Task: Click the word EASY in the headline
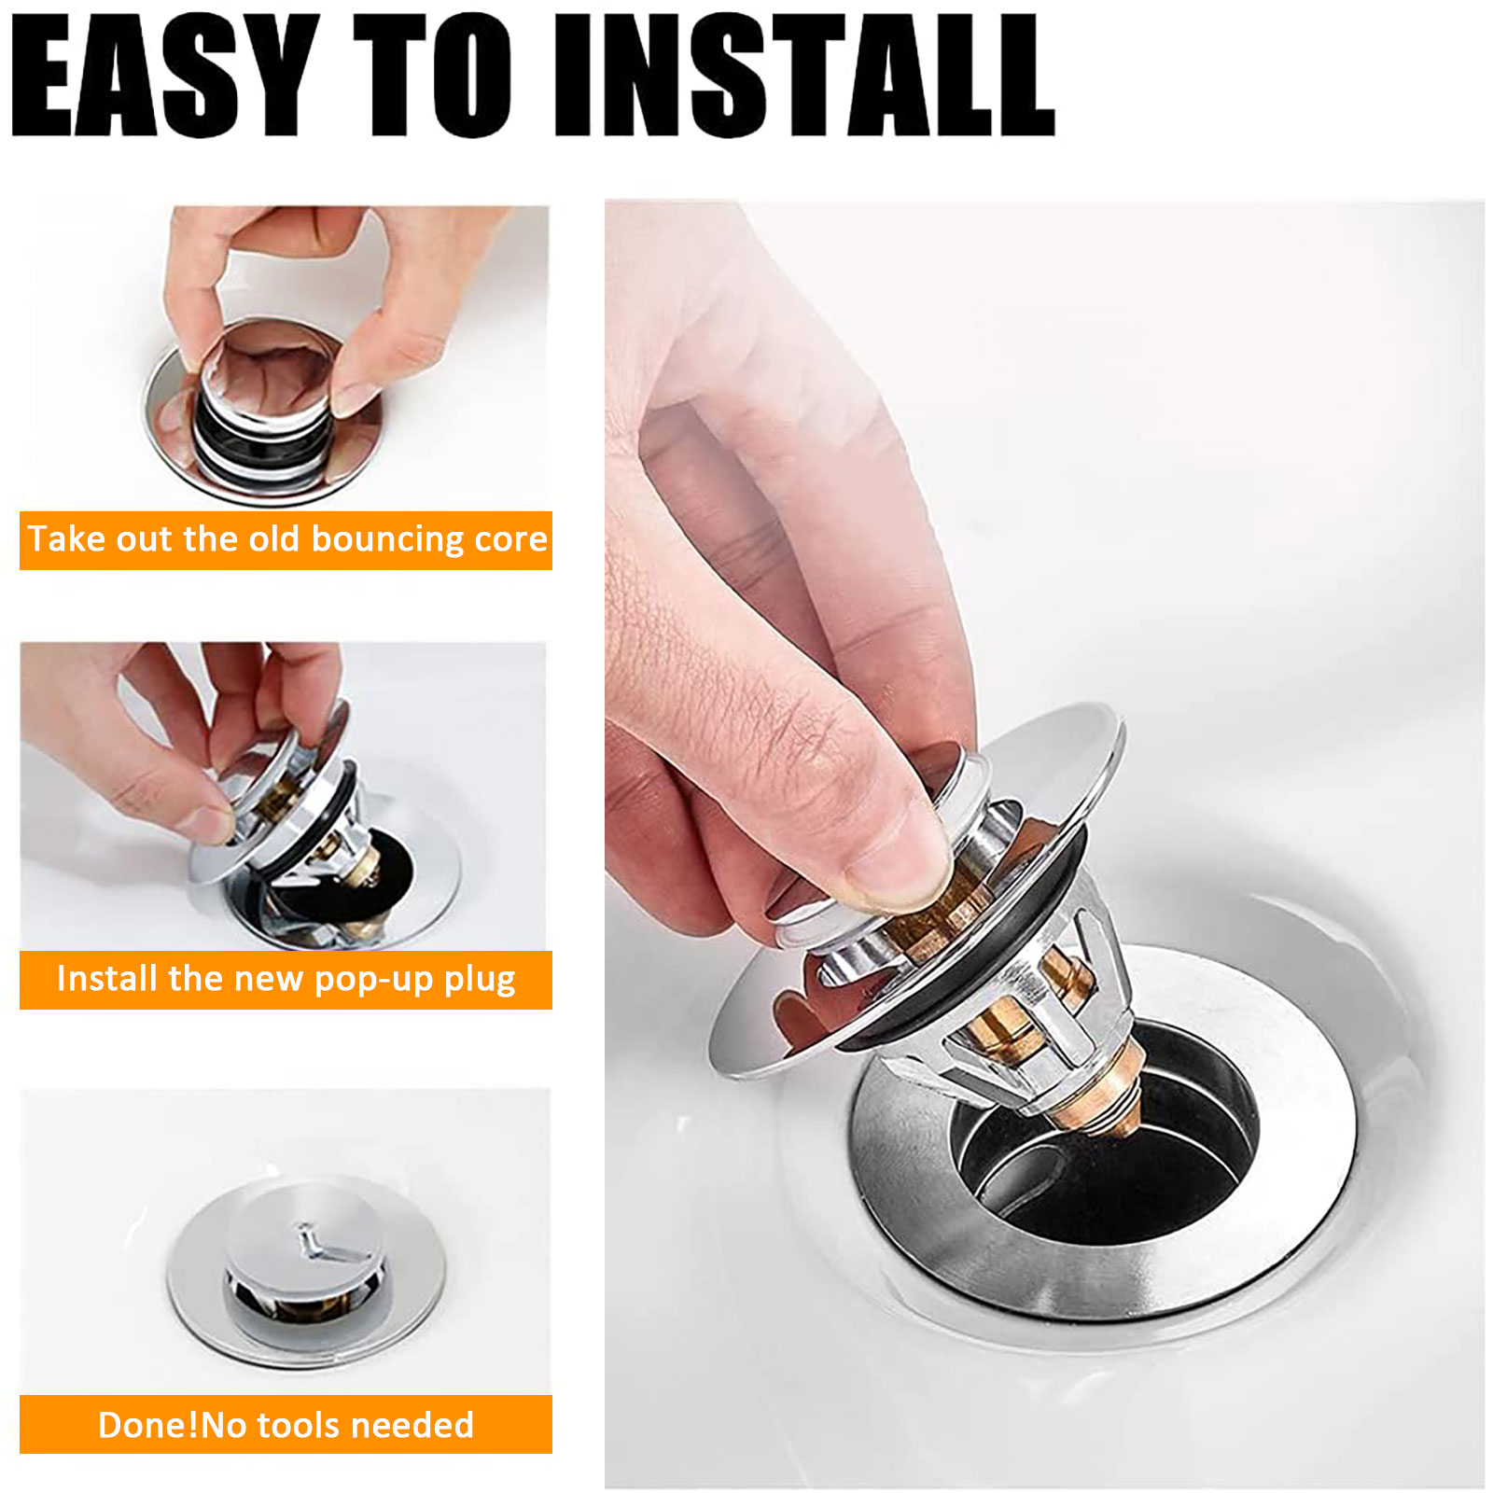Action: point(166,76)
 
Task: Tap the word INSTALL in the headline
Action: point(804,76)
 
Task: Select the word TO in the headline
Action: point(433,76)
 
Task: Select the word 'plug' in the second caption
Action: point(480,980)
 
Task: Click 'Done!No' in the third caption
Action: point(172,1425)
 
